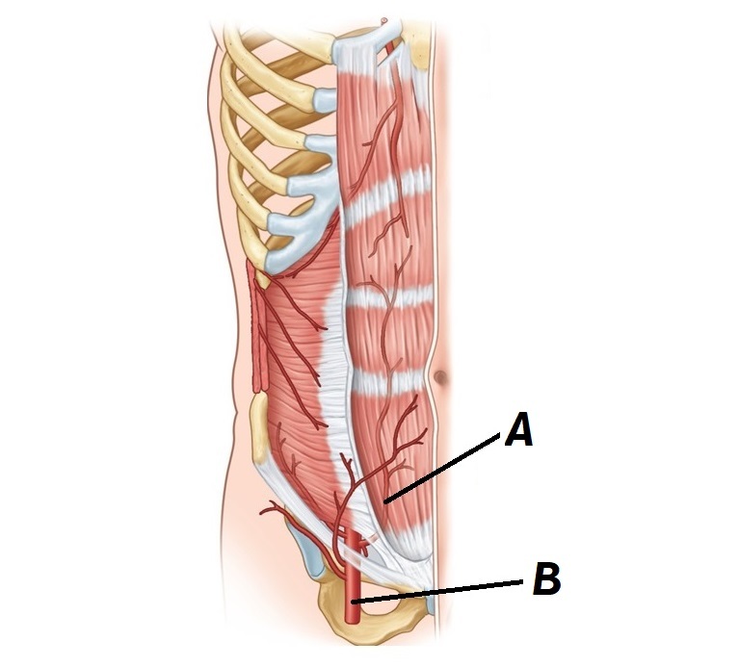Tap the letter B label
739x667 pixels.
546,580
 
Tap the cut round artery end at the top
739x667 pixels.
386,18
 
